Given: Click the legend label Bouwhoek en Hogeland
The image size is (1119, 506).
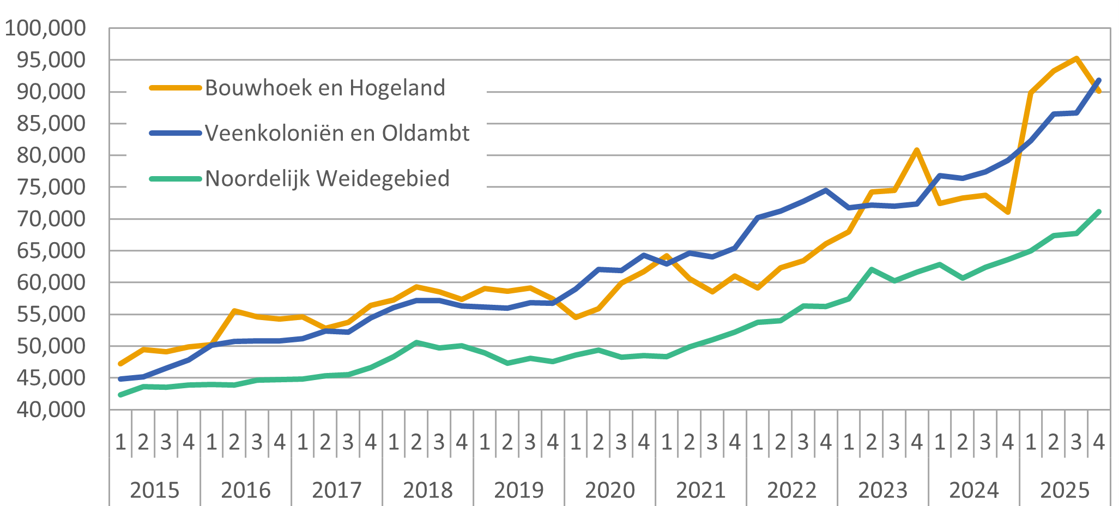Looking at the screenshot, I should coord(325,88).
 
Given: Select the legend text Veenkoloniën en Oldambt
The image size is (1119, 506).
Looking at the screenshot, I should coord(337,133).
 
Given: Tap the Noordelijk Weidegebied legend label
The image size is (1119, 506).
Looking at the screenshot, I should coord(327,178).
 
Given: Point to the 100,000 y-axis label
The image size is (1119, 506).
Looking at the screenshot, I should coord(45,28).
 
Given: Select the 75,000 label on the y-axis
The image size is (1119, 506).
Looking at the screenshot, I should coord(51,187).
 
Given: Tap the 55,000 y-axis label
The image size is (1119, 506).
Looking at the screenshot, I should coord(51,314).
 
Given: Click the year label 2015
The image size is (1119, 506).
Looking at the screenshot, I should coord(155,490).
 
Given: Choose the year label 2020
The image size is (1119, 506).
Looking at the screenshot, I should coord(610,490).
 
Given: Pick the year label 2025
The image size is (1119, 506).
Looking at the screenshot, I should coord(1065,490).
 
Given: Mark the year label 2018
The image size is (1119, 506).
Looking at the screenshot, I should coord(428,490).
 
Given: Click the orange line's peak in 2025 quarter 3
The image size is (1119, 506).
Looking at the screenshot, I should coord(1076,58).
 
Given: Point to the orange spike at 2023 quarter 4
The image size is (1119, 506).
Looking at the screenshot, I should coord(917,150).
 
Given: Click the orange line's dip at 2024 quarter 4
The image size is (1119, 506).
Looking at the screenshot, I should coord(1008,212).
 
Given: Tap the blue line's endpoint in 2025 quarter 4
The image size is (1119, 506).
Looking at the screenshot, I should coord(1098,80).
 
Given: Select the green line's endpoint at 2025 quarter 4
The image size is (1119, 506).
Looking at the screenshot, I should coord(1098,212).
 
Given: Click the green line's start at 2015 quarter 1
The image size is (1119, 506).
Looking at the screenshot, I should coord(120,395).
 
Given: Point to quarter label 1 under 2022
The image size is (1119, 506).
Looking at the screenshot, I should coord(758,442).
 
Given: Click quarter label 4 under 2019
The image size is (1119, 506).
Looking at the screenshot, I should coord(553,442).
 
